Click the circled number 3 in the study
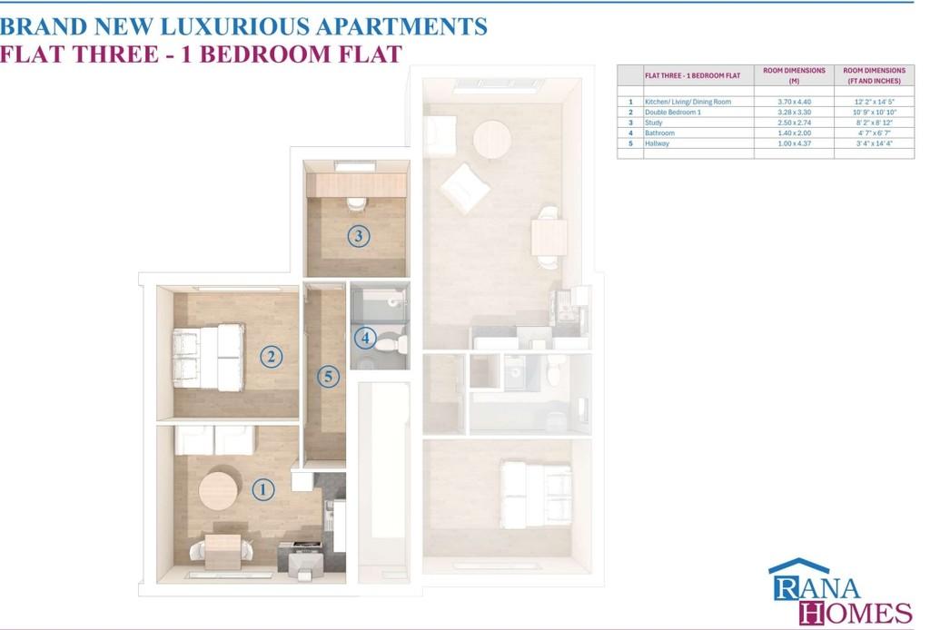coord(358,236)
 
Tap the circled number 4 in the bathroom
coord(365,339)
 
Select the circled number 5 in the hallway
coord(328,377)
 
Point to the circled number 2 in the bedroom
coord(271,357)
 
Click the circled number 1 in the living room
coord(263,489)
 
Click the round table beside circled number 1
coord(218,490)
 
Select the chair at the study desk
coord(356,204)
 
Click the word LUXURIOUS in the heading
coord(234,26)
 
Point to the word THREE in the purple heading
coord(115,54)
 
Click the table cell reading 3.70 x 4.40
coord(794,102)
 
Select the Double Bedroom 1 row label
coord(673,112)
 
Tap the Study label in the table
coord(654,123)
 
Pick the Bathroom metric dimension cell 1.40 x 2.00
coord(794,133)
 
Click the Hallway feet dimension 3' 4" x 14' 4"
coord(875,143)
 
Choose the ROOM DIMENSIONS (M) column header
coord(794,75)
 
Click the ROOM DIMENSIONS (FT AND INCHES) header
coord(875,75)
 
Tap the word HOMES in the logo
coord(856,612)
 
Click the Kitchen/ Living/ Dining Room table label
coord(688,102)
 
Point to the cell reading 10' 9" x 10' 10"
coord(875,112)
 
